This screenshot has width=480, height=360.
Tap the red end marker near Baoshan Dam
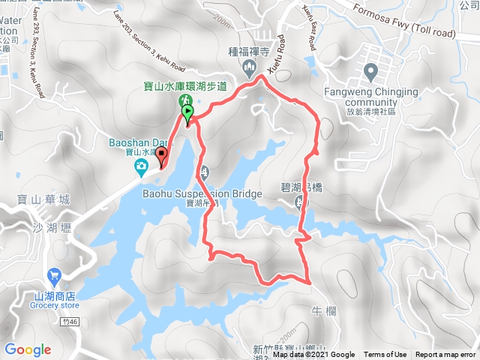click(x=161, y=155)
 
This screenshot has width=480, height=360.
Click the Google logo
click(x=27, y=349)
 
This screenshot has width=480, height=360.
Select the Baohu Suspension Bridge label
click(x=202, y=194)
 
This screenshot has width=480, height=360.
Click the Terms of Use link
click(x=385, y=355)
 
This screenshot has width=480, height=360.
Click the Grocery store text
click(x=55, y=305)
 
